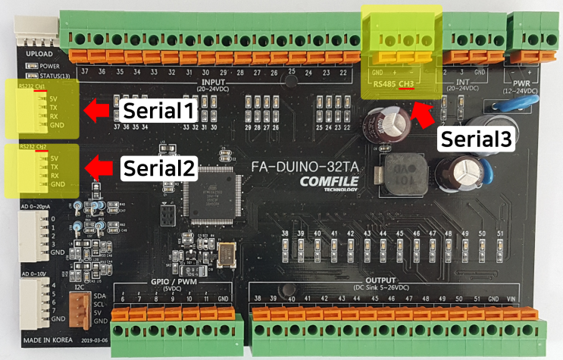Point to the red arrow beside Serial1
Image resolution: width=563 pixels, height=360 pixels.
95,111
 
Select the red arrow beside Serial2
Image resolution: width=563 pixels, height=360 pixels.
95,167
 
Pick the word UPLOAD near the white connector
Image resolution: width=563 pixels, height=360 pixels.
39,55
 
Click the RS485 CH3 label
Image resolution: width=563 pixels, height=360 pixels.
394,82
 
